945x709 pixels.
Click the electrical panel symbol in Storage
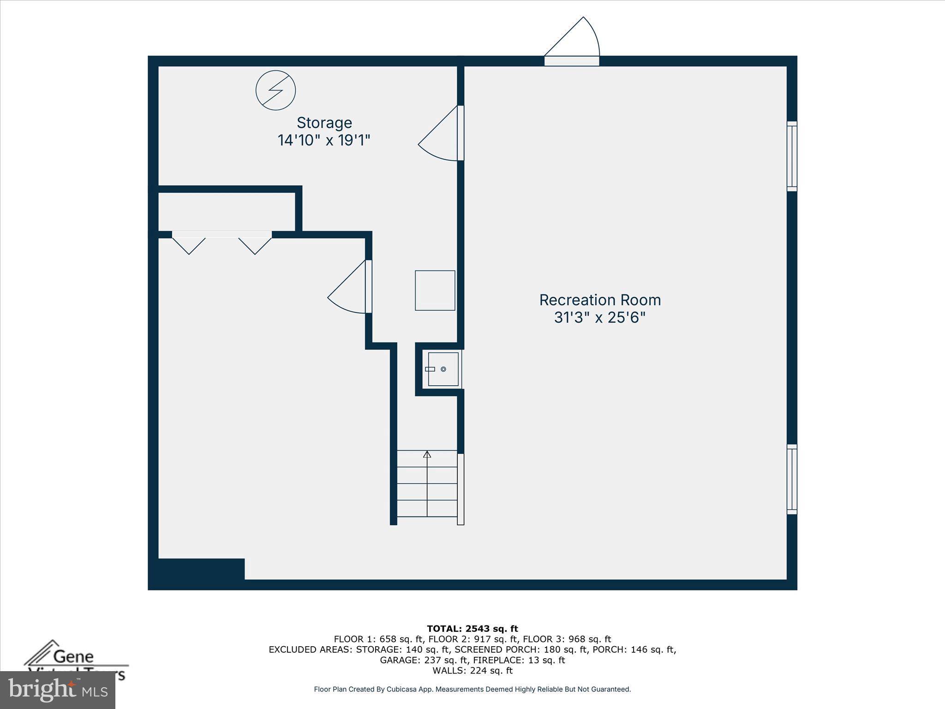[x=275, y=90]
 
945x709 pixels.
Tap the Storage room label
[x=324, y=123]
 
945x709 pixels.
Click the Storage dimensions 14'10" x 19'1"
[x=324, y=140]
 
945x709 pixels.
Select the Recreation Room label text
[x=600, y=300]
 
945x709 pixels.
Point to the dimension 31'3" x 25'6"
[x=599, y=318]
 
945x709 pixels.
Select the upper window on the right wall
[x=791, y=156]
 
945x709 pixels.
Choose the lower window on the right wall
[x=791, y=479]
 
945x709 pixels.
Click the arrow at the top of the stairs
[x=427, y=455]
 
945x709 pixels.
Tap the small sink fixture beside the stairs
[x=443, y=369]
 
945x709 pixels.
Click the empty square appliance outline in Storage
[x=435, y=290]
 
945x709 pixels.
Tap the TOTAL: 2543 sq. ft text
[x=472, y=629]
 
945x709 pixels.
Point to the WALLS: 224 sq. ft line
[x=472, y=671]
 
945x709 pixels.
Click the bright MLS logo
[x=58, y=690]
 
